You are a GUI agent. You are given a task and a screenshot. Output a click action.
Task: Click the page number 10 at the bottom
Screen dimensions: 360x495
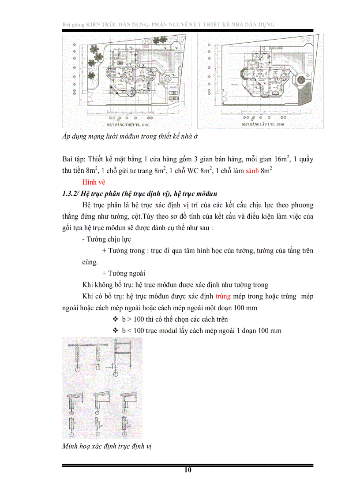[x=188, y=470]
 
